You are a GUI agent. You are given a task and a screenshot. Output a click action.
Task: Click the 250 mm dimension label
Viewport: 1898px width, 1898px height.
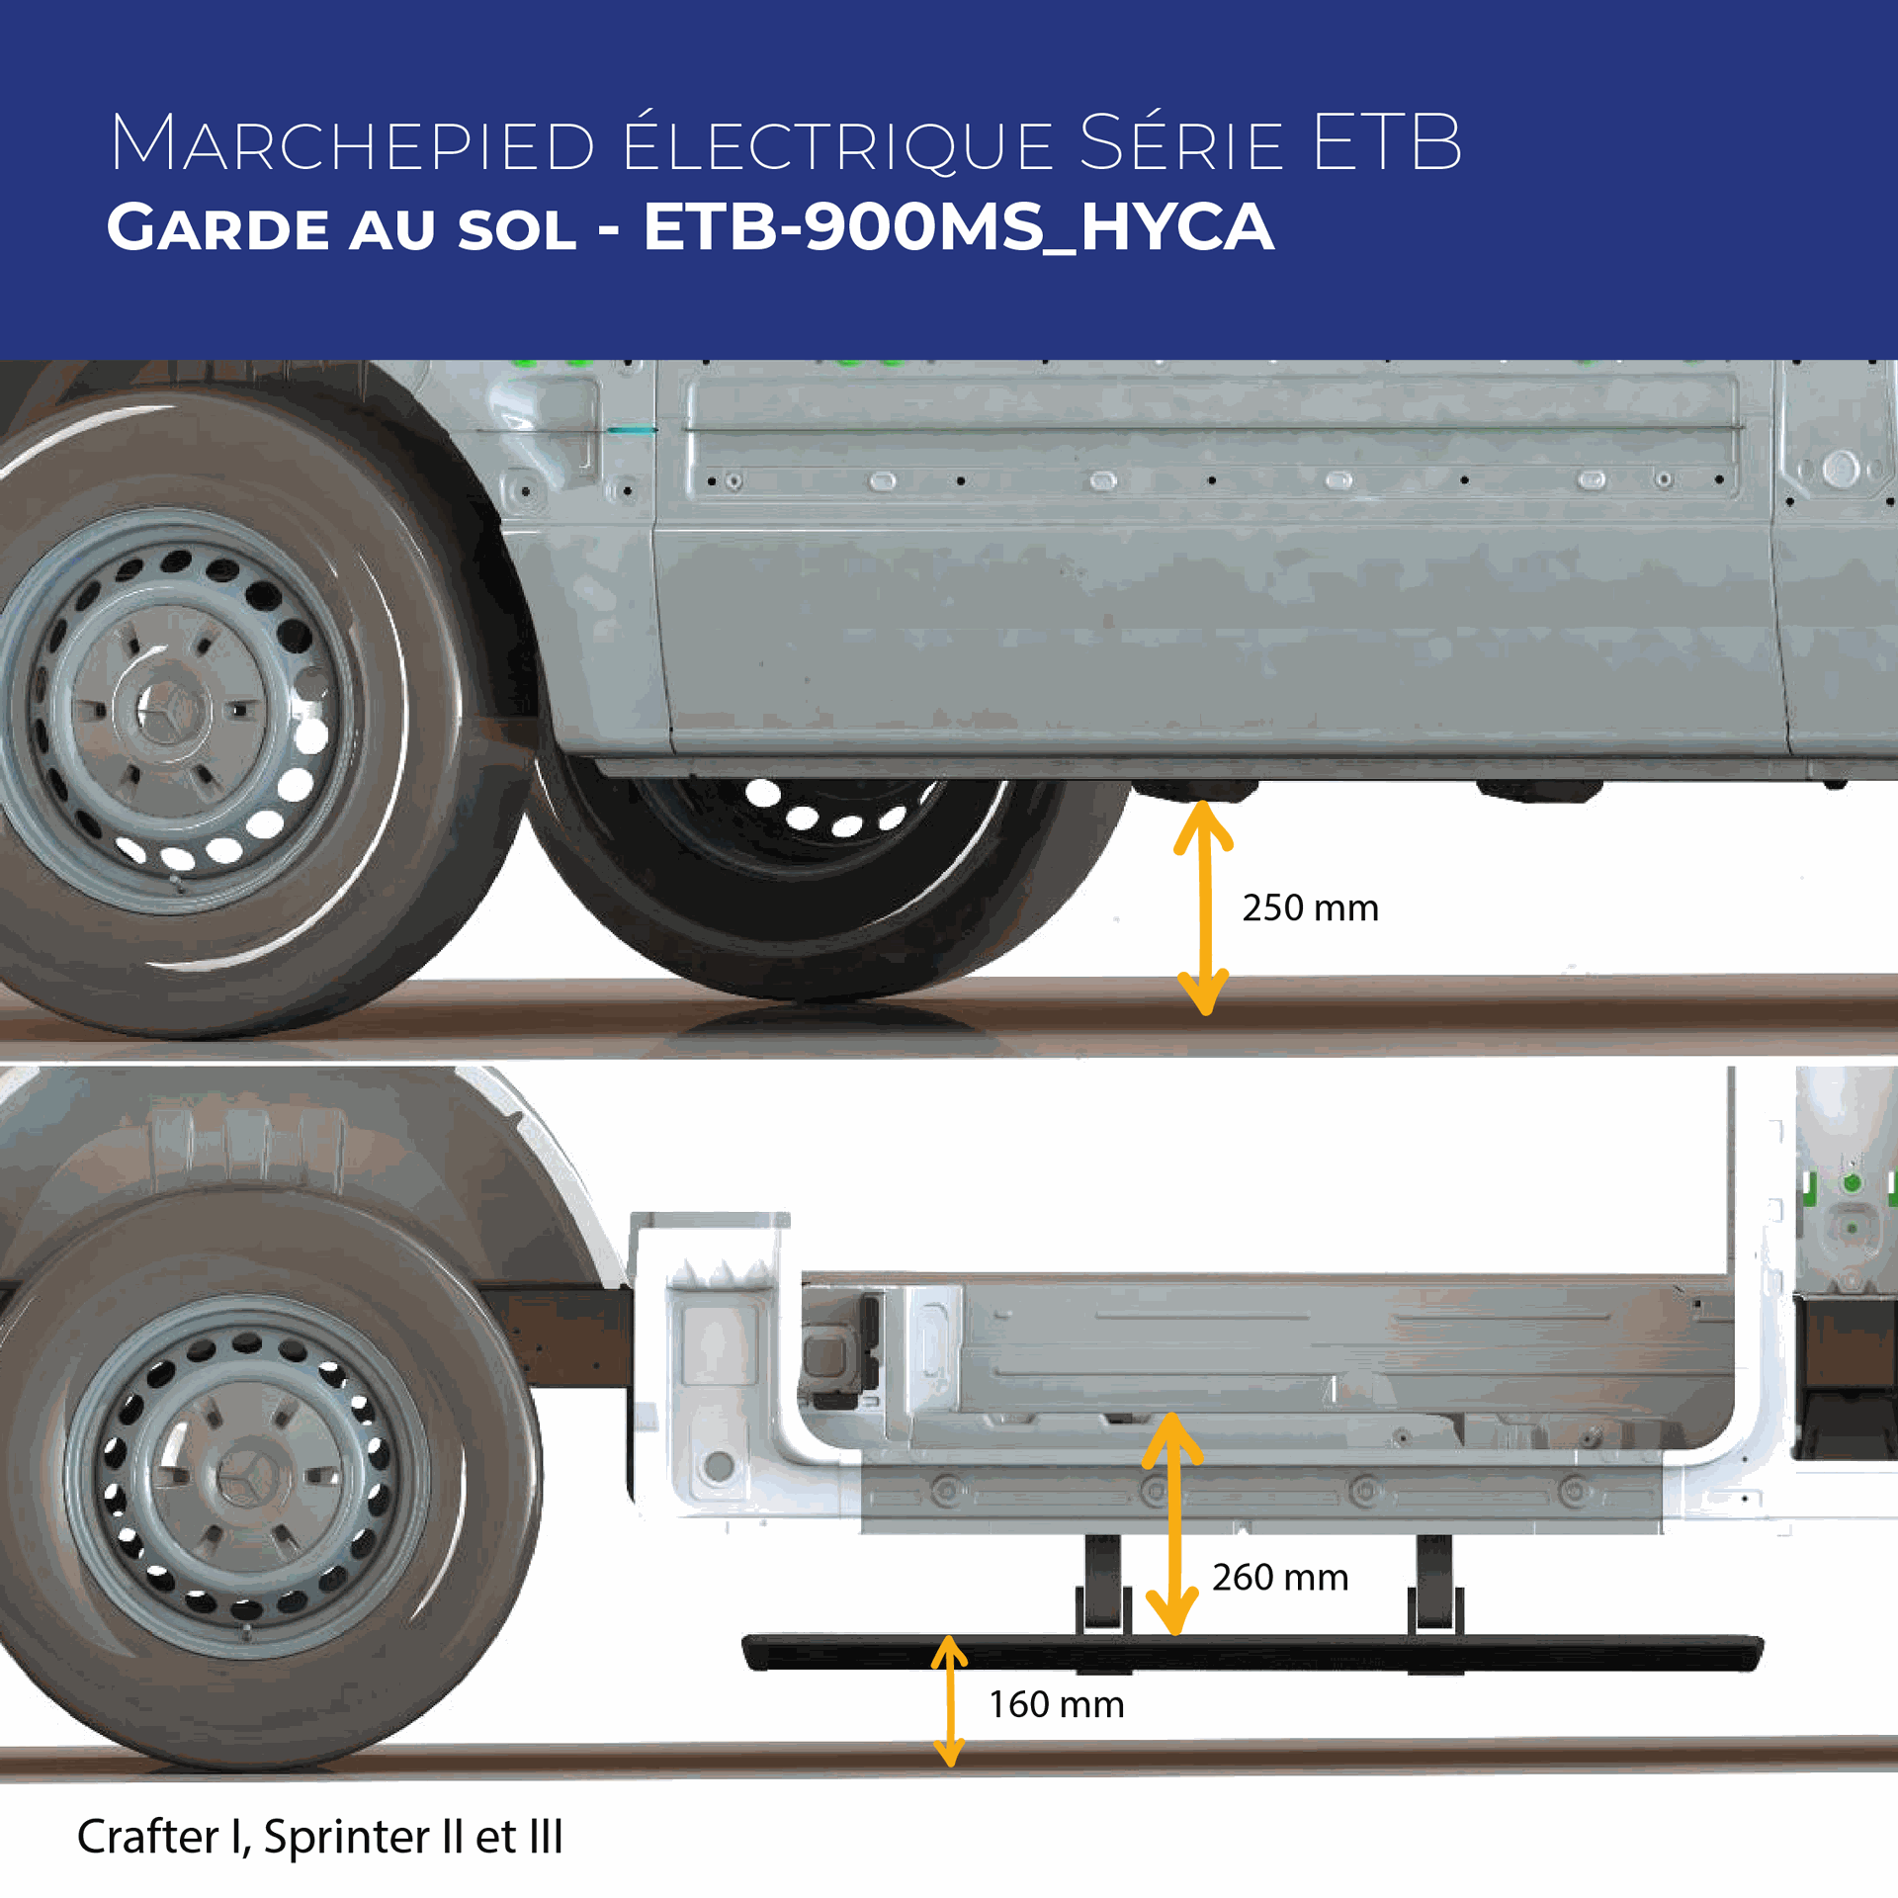1310,908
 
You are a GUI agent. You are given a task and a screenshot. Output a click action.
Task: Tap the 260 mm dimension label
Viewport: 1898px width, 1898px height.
1280,1578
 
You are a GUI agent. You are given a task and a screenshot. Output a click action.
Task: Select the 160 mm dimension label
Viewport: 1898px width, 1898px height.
1057,1705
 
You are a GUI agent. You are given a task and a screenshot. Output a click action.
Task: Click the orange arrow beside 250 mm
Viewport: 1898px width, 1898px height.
1204,907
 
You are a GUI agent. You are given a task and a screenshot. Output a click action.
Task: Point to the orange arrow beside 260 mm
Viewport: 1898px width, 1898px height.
1172,1523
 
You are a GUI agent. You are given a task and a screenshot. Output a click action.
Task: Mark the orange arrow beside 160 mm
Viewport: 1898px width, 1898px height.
949,1700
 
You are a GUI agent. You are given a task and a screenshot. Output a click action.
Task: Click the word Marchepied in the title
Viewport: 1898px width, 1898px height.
352,144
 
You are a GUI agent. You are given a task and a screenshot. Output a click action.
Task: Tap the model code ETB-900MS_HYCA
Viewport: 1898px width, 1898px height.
958,227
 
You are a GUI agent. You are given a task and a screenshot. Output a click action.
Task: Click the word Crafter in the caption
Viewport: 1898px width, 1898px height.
148,1837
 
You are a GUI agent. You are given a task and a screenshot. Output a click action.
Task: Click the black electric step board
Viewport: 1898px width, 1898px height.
1251,1653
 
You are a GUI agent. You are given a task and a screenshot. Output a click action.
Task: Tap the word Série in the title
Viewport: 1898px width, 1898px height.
1181,144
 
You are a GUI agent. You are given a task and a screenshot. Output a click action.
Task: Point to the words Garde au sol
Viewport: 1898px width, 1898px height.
341,228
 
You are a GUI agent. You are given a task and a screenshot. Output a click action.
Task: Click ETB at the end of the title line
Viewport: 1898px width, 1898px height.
1387,144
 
